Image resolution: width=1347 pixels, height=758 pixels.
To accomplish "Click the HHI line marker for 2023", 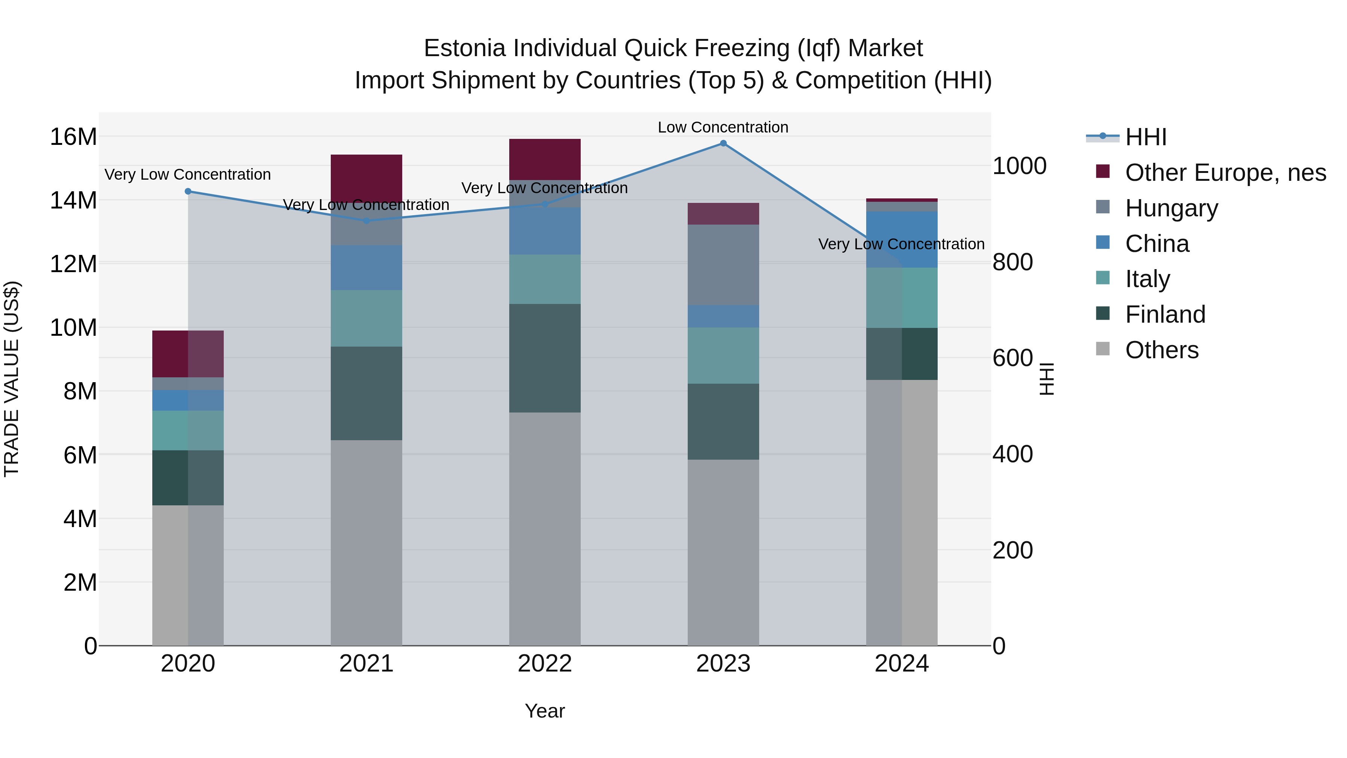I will pyautogui.click(x=723, y=143).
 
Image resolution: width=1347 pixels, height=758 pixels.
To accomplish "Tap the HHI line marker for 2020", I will pyautogui.click(x=188, y=191).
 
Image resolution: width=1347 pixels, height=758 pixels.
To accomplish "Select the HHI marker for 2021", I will pyautogui.click(x=367, y=221).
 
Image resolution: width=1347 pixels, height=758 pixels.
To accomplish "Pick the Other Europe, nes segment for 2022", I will pyautogui.click(x=545, y=159).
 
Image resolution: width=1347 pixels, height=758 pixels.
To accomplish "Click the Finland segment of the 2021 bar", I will pyautogui.click(x=367, y=393).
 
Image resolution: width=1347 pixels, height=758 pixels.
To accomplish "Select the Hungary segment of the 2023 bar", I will pyautogui.click(x=723, y=265).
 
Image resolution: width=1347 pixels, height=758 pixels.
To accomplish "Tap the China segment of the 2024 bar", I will pyautogui.click(x=902, y=240).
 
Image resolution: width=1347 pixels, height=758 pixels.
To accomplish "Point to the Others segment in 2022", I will pyautogui.click(x=545, y=528).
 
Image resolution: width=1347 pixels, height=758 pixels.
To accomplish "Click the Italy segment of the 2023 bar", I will pyautogui.click(x=723, y=356).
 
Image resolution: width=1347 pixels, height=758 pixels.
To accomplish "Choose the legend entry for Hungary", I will pyautogui.click(x=1171, y=208).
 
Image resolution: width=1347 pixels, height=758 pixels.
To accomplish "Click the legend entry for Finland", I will pyautogui.click(x=1165, y=314).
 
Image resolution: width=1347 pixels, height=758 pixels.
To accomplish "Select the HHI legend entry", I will pyautogui.click(x=1145, y=137).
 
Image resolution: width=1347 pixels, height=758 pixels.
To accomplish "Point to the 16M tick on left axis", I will pyautogui.click(x=73, y=137).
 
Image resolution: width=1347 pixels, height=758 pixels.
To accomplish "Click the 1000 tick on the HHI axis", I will pyautogui.click(x=1019, y=166).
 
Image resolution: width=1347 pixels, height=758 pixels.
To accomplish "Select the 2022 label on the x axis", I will pyautogui.click(x=545, y=664).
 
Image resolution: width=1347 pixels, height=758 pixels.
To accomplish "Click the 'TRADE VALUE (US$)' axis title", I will pyautogui.click(x=12, y=379).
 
